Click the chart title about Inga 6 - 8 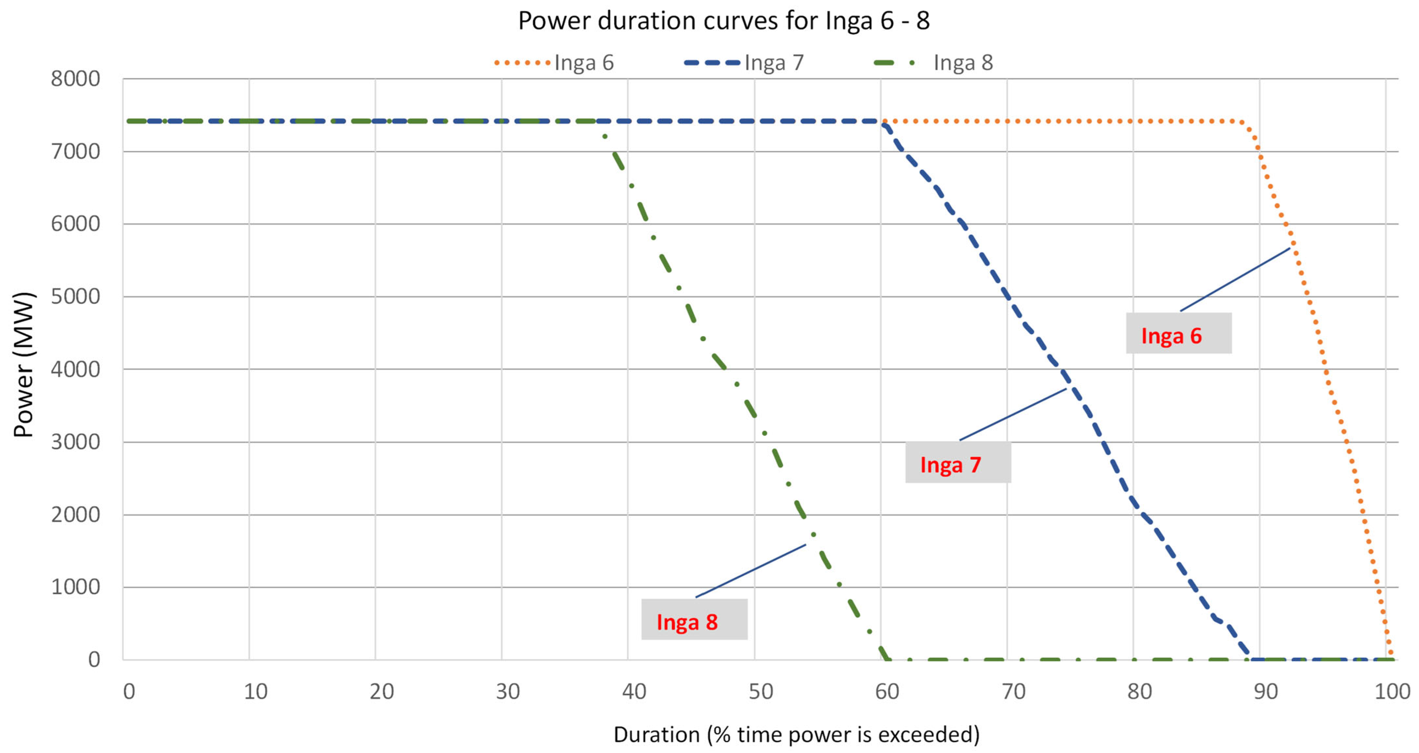pos(723,21)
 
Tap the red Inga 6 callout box pos(1178,333)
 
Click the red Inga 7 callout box pos(958,463)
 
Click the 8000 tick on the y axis pos(75,79)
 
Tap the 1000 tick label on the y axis pos(75,587)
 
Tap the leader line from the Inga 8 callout pos(750,571)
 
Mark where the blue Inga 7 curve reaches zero pos(1250,658)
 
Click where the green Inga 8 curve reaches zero pos(887,658)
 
